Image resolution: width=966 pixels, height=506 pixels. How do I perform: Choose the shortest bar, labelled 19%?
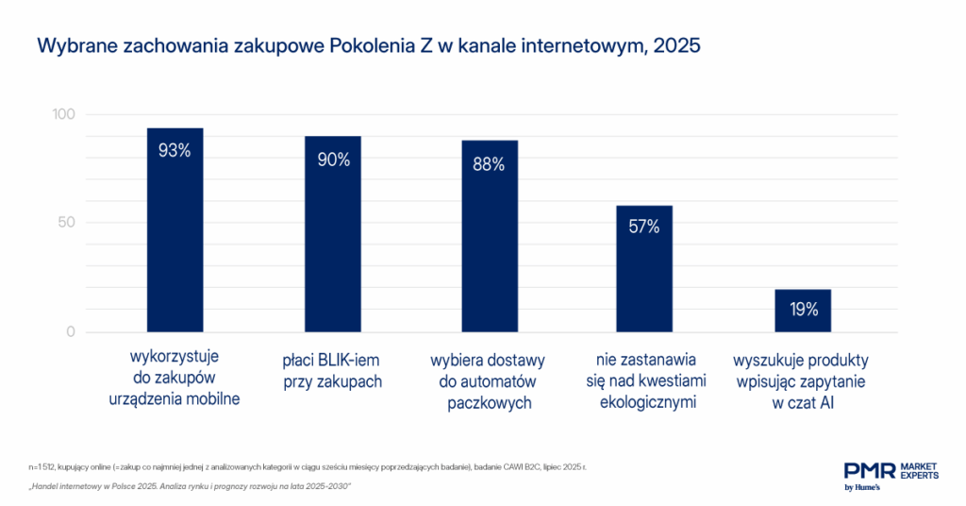(803, 311)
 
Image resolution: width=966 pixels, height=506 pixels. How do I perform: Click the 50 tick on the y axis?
(67, 223)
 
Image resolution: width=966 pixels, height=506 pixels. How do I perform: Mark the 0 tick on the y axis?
(71, 332)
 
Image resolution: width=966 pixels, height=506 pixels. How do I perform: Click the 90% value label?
(333, 160)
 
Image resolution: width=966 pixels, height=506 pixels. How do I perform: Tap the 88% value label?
(489, 164)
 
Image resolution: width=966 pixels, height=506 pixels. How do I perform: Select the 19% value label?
(803, 309)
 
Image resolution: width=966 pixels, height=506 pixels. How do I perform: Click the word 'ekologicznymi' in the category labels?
(647, 403)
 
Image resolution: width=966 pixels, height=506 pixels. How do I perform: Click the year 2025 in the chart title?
(675, 45)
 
